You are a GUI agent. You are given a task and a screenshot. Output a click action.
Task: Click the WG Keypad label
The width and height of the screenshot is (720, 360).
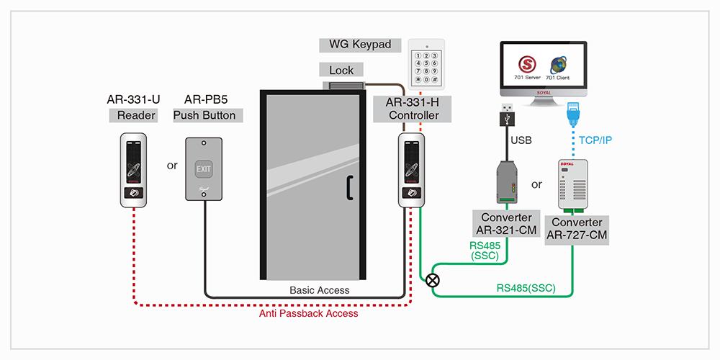click(360, 45)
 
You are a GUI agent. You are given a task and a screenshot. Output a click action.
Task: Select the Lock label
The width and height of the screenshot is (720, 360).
click(341, 70)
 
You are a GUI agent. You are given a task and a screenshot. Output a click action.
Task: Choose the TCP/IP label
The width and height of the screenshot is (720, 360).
click(594, 140)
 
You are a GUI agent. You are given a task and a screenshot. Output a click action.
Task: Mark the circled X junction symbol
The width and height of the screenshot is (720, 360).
click(432, 279)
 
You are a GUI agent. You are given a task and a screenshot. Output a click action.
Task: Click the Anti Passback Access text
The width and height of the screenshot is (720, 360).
click(309, 313)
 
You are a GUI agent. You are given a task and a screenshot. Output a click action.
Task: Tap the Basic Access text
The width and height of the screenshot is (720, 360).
click(319, 290)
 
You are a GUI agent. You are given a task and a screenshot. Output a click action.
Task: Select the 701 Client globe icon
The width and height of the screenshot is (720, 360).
click(559, 61)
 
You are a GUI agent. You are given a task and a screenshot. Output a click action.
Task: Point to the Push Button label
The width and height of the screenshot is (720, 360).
click(204, 115)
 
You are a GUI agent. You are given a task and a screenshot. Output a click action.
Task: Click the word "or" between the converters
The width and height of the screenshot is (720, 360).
click(536, 184)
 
